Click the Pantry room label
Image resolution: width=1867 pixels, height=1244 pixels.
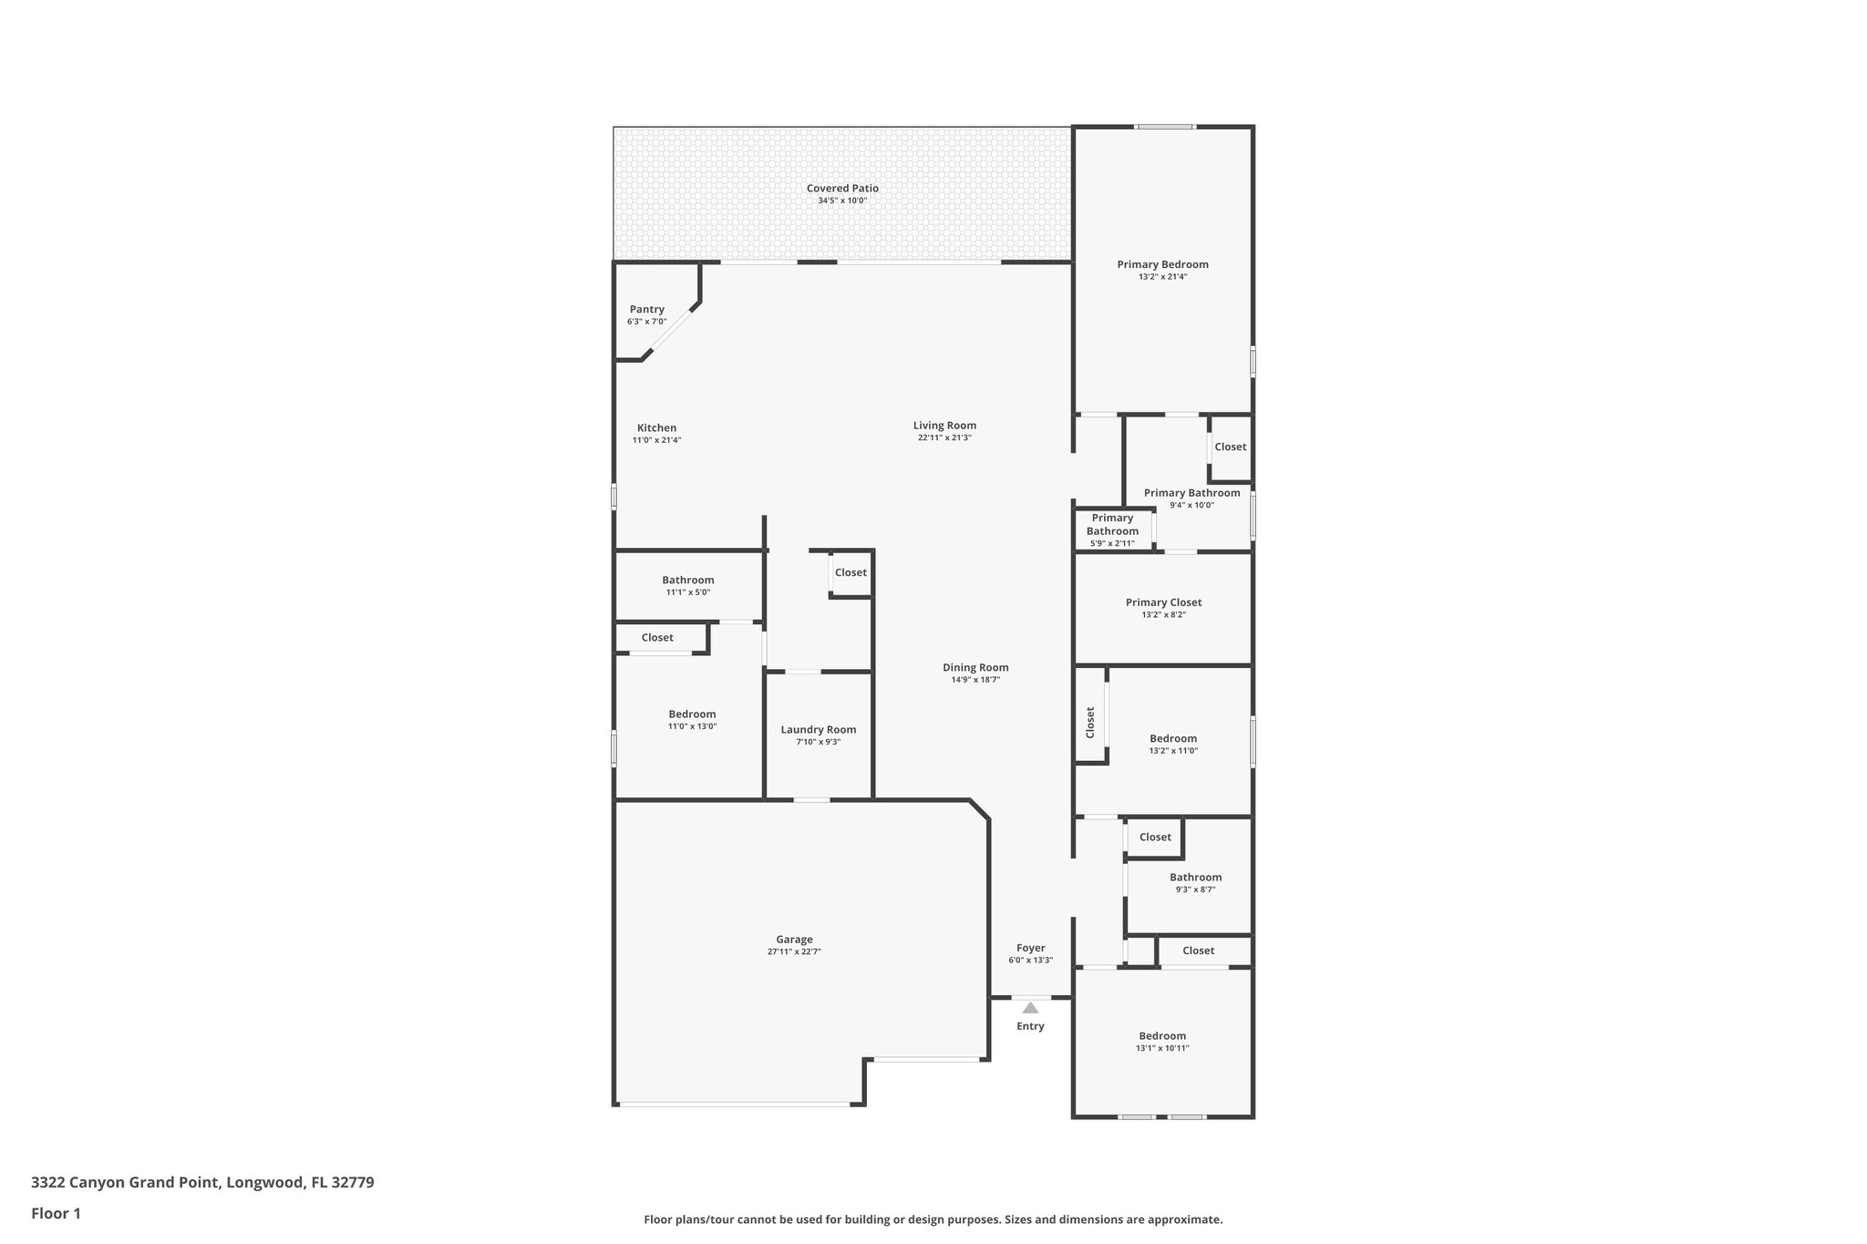tap(646, 310)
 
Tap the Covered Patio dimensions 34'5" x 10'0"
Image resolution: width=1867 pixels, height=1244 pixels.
tap(841, 200)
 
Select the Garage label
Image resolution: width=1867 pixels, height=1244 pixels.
tap(794, 940)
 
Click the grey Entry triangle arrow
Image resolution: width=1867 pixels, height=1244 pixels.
tap(1030, 1008)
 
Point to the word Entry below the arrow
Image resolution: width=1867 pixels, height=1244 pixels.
tap(1030, 1026)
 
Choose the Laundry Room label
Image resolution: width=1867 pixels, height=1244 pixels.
tap(818, 729)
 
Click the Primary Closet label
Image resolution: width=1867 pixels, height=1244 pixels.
tap(1163, 602)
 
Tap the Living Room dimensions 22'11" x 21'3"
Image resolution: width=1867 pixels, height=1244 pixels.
tap(944, 437)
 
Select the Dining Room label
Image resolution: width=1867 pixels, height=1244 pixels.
tap(975, 667)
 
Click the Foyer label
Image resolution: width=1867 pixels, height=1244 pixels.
tap(1030, 948)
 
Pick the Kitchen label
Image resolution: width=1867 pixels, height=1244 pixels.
tap(656, 428)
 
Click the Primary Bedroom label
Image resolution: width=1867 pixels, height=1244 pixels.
tap(1162, 264)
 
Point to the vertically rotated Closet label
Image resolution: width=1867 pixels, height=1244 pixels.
tap(1090, 723)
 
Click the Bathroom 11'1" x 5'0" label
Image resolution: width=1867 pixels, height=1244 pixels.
tap(687, 581)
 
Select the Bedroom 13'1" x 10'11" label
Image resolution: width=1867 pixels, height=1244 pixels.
tap(1162, 1036)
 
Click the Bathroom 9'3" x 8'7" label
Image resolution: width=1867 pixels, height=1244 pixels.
tap(1195, 878)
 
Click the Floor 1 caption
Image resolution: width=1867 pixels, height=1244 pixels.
tap(56, 1213)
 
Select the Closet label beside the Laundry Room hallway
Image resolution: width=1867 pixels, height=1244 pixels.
tap(851, 572)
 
